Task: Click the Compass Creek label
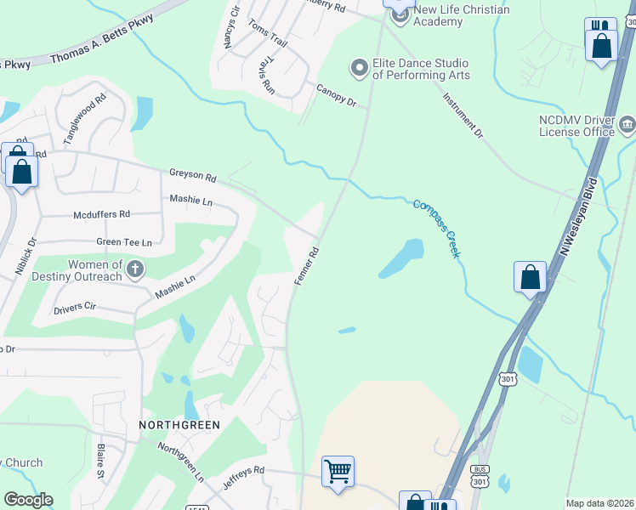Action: tap(437, 229)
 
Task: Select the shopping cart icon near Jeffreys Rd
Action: tap(338, 472)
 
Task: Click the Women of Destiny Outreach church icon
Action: tap(134, 270)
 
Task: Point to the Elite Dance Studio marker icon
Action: tap(359, 66)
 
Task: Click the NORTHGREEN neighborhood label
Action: tap(180, 424)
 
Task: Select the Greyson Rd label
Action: tap(192, 175)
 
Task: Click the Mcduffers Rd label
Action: tap(101, 215)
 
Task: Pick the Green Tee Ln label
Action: tap(123, 242)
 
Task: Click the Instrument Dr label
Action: tap(462, 116)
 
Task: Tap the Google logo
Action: tap(28, 499)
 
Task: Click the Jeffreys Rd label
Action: tap(241, 469)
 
